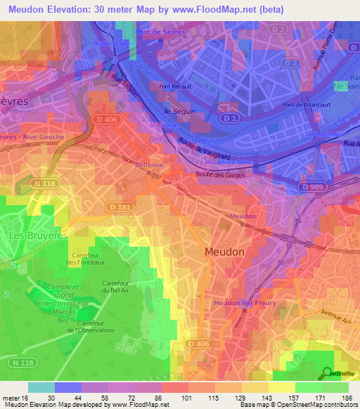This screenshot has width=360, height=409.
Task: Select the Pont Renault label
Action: [176, 87]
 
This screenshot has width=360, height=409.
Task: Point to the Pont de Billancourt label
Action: [306, 105]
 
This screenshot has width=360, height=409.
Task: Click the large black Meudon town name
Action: [225, 252]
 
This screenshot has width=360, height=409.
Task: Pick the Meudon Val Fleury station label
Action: [245, 303]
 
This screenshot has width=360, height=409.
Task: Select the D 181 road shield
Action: [119, 207]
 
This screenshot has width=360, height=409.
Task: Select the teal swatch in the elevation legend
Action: [41, 387]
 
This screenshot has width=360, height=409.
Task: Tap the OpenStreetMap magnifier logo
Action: [328, 372]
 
